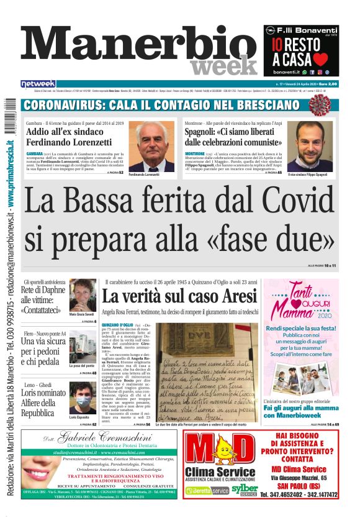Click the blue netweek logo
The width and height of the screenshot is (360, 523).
point(38,84)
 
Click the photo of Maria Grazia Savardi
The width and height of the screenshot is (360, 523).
point(82,294)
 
